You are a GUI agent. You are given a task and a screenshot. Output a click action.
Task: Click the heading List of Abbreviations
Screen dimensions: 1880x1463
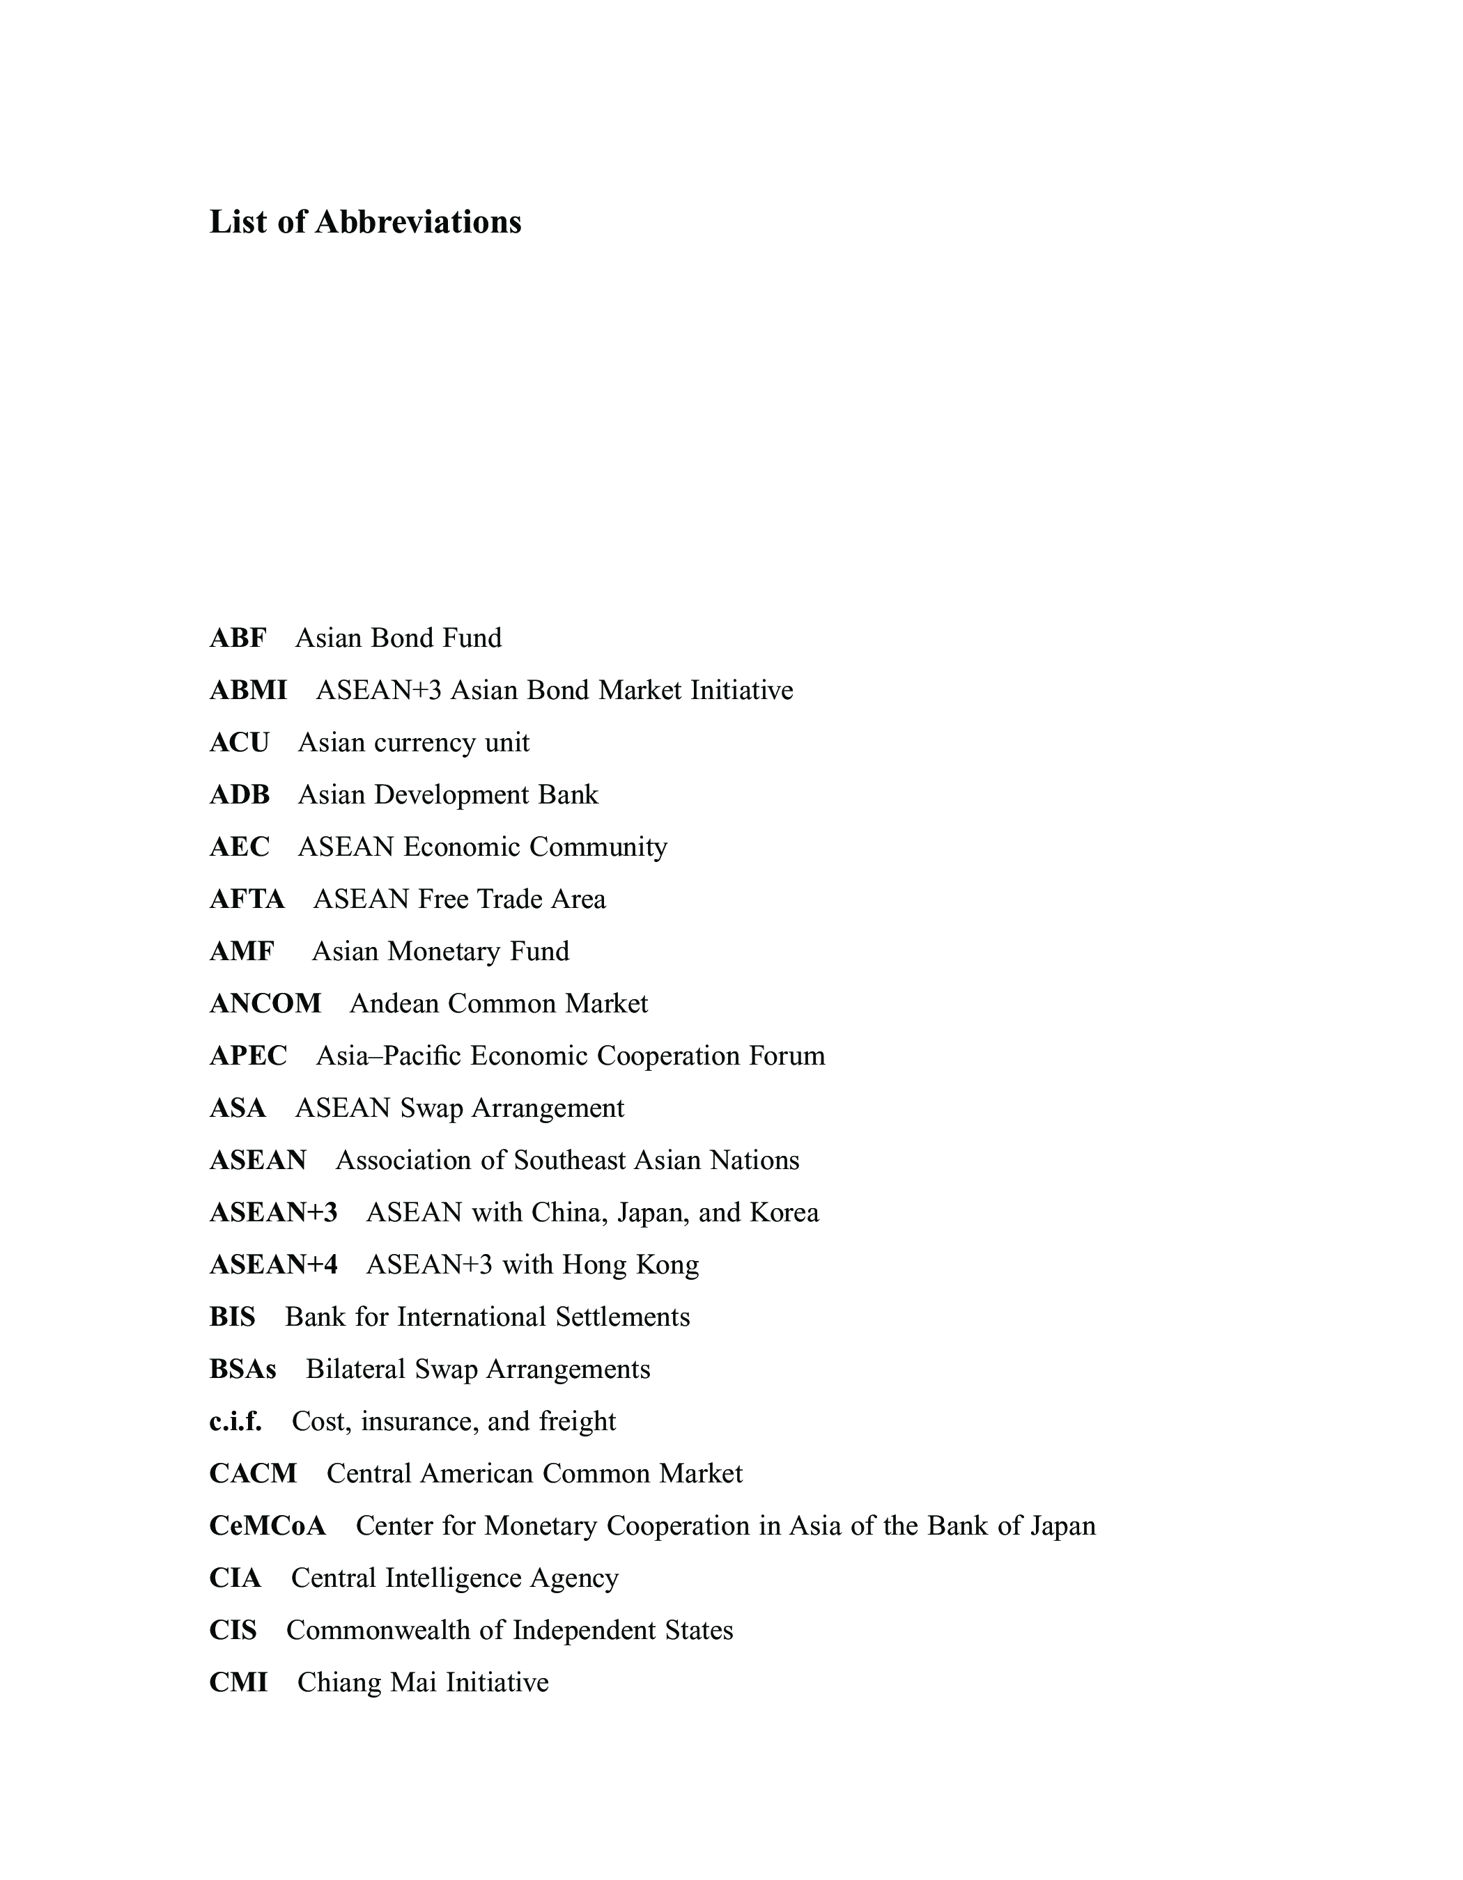pos(365,222)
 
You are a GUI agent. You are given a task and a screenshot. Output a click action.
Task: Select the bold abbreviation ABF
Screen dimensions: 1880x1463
pos(238,638)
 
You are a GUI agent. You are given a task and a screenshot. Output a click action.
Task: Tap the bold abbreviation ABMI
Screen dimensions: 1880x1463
pos(248,690)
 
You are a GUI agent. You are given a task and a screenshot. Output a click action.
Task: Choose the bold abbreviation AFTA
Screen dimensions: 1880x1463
pos(247,900)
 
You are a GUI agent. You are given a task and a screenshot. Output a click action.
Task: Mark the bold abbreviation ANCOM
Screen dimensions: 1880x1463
pos(265,1003)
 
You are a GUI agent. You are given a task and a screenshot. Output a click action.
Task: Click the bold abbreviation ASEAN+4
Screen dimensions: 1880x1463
pos(274,1264)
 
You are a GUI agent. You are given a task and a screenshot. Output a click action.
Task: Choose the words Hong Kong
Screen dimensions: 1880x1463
pos(630,1264)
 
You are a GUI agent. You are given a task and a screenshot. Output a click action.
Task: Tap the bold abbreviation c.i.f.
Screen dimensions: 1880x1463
pos(235,1421)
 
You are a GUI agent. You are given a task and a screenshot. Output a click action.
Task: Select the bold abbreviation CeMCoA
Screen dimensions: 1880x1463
pos(268,1526)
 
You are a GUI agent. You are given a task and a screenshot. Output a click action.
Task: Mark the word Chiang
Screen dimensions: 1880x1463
pos(340,1682)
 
